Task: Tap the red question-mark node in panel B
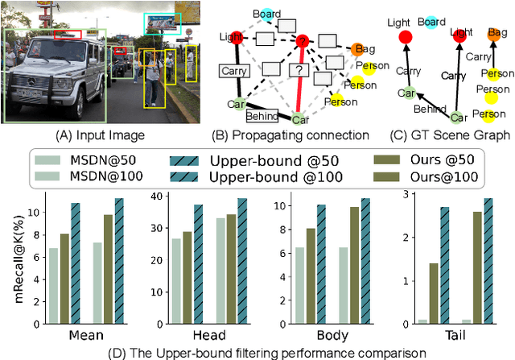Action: pos(303,40)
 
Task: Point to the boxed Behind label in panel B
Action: pos(263,114)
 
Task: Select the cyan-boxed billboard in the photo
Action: pos(163,25)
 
